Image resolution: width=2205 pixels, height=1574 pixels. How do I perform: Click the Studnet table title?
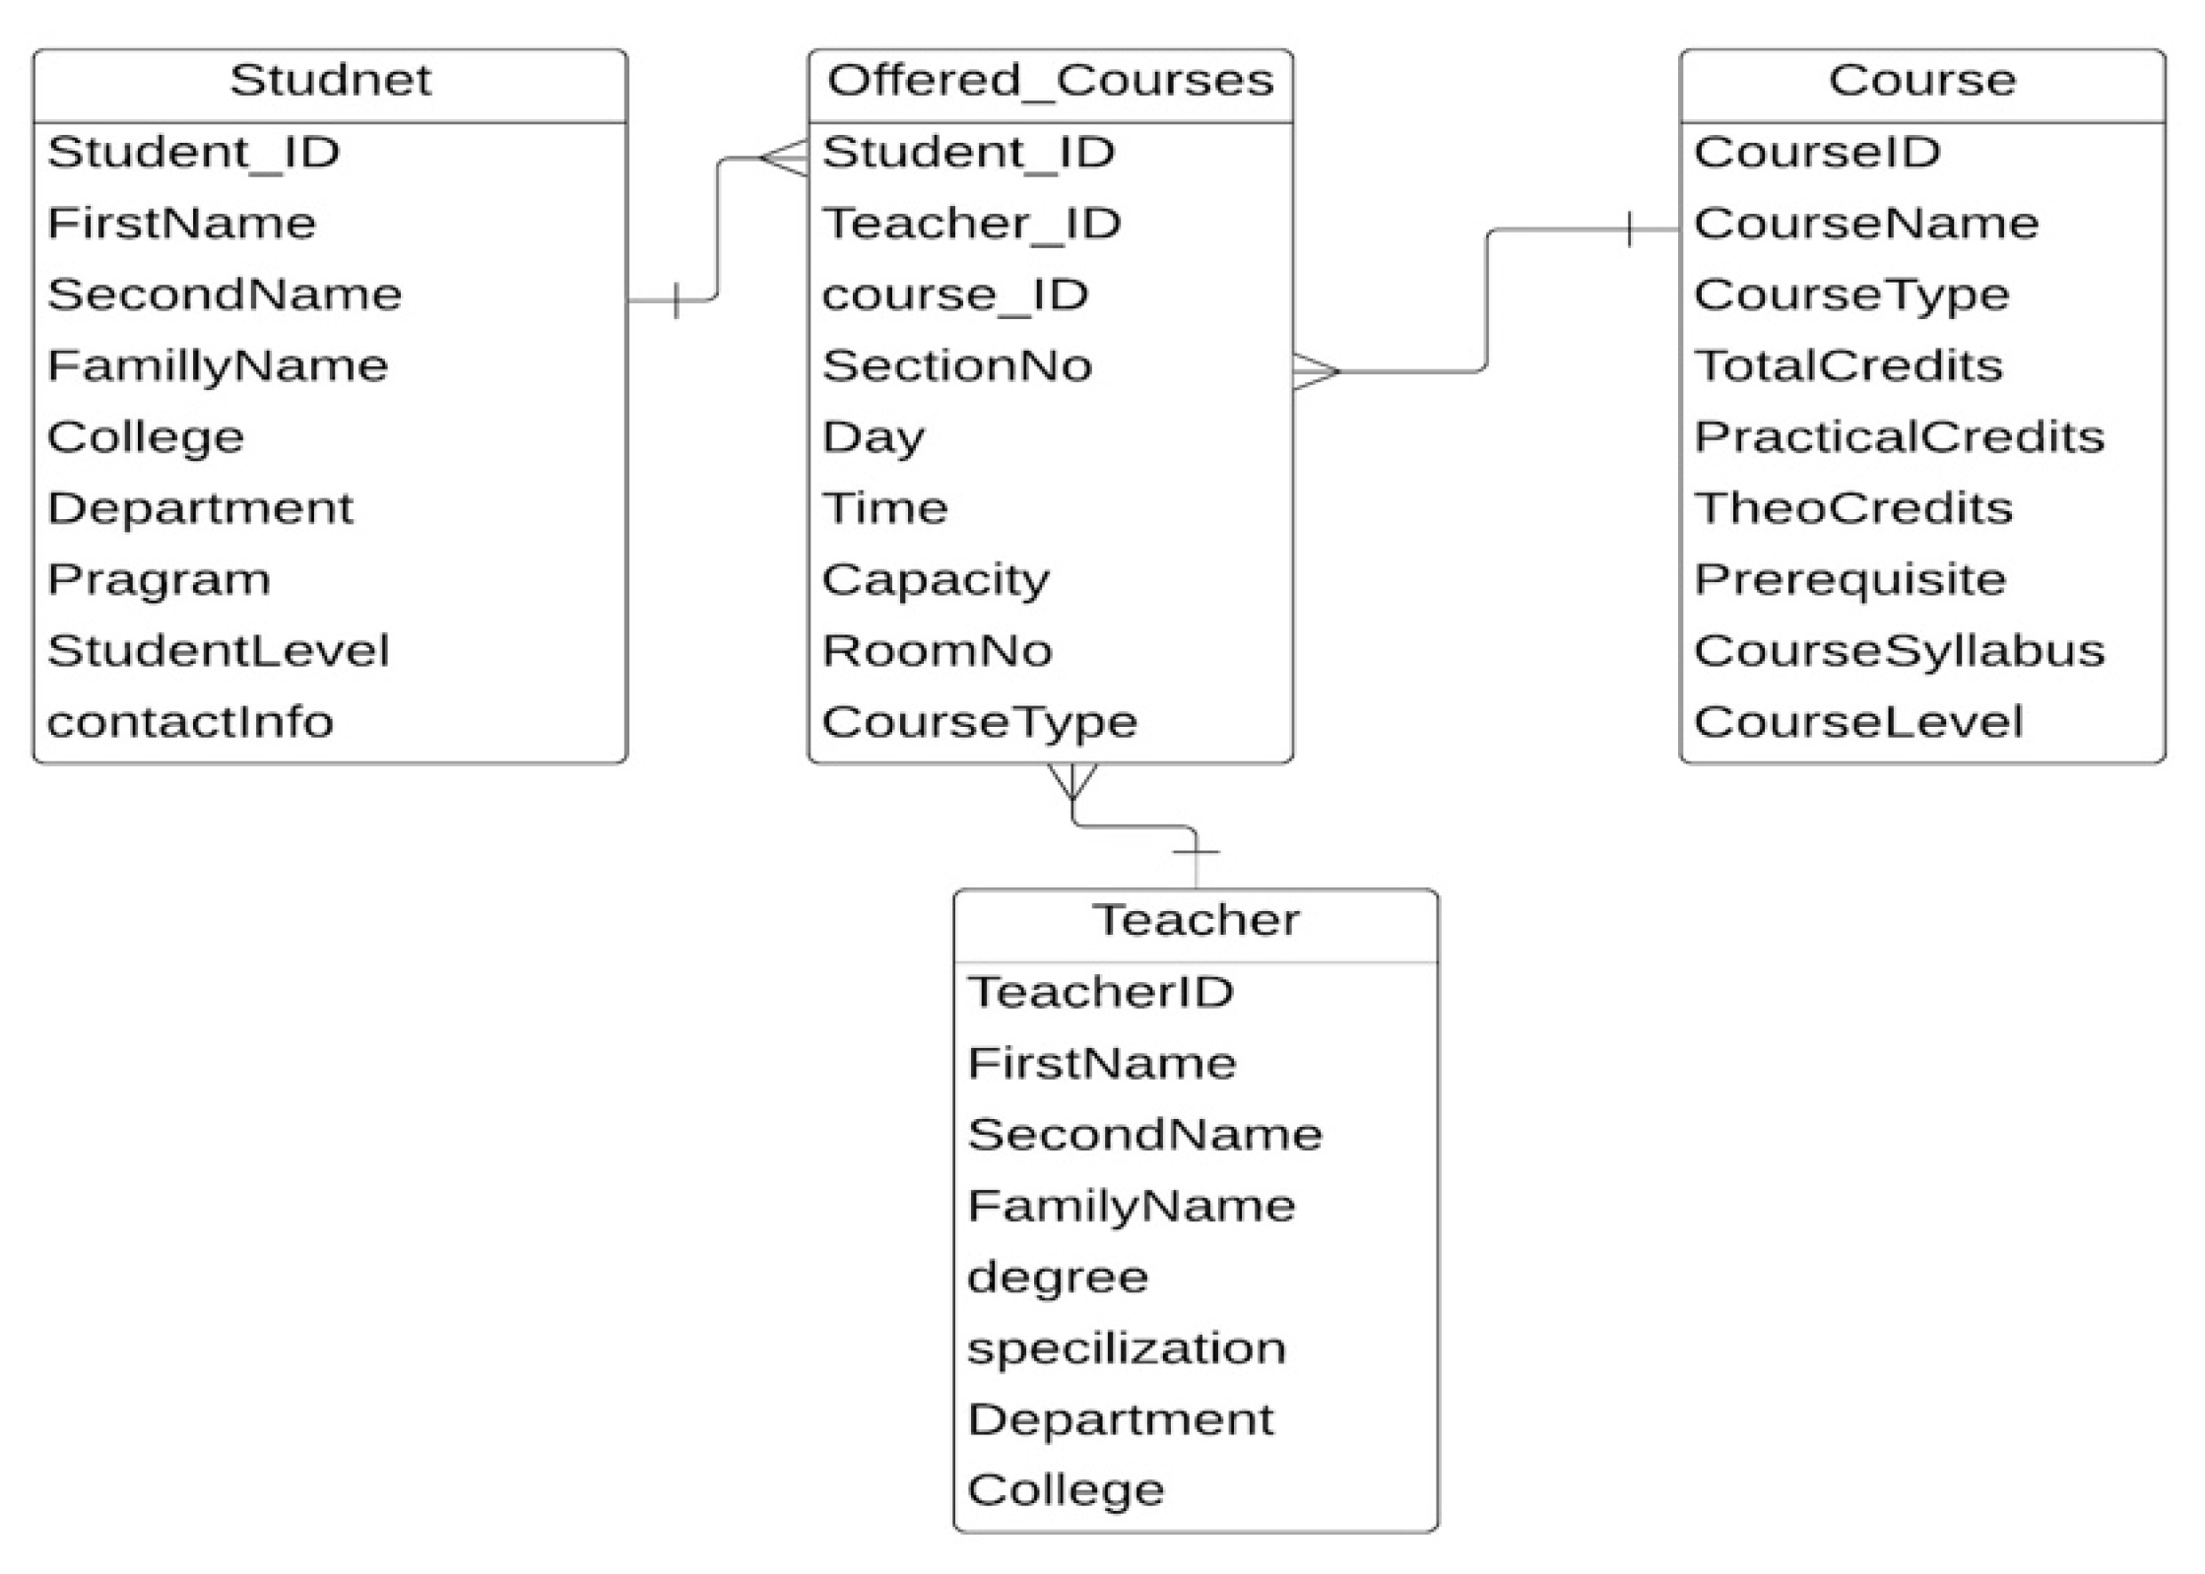click(330, 81)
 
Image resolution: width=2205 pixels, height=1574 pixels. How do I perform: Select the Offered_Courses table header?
click(1050, 81)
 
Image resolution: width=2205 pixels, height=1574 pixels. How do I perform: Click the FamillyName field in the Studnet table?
click(218, 366)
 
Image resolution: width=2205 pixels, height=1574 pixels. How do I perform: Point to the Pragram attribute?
click(159, 580)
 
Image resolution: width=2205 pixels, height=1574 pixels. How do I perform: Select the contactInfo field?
click(190, 723)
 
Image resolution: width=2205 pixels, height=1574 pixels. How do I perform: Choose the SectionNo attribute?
click(957, 366)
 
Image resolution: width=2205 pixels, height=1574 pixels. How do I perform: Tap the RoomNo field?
click(937, 651)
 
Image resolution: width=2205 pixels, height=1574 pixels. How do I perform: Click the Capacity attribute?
click(936, 580)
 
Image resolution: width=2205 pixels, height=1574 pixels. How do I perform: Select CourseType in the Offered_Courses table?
click(979, 723)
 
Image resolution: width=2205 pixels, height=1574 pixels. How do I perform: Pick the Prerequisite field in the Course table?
click(1849, 580)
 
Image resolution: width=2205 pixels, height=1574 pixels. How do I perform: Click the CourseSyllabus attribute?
click(1899, 651)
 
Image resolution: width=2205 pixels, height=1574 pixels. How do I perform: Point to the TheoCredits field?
click(1853, 509)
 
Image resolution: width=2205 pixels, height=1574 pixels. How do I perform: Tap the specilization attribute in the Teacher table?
click(1126, 1348)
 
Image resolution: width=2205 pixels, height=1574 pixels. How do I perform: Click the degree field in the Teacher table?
click(1058, 1278)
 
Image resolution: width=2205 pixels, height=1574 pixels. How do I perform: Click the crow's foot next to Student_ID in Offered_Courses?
click(785, 158)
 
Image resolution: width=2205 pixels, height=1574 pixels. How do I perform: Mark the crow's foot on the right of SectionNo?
click(1316, 371)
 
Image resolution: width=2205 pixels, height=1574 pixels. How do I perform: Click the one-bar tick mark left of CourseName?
click(1630, 230)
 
